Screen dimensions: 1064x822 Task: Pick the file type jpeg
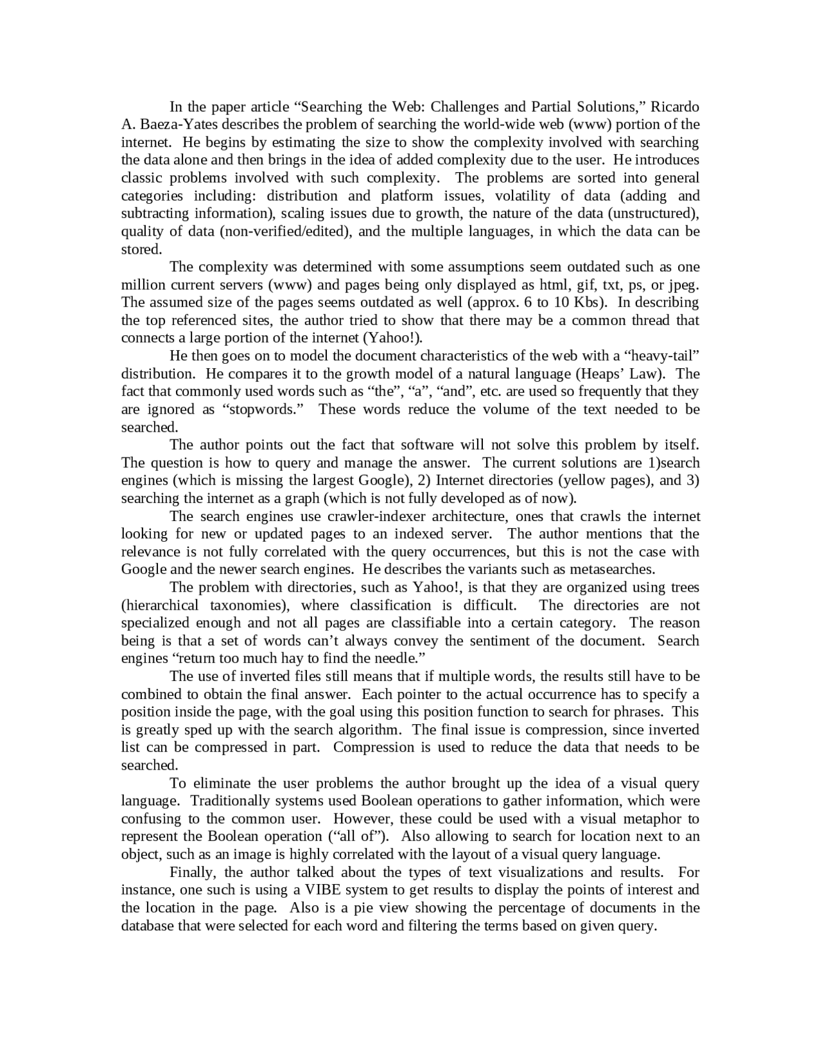point(683,285)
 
